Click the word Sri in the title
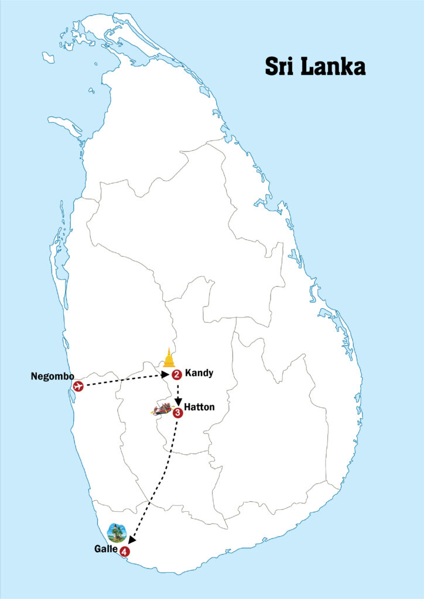click(280, 66)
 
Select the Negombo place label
click(52, 376)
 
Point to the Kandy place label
click(199, 373)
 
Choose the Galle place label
click(105, 549)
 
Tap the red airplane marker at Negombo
click(78, 385)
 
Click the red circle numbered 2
click(176, 375)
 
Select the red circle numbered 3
click(178, 412)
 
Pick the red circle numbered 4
click(124, 551)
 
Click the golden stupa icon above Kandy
click(169, 359)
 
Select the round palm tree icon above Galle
click(117, 532)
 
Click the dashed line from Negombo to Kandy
click(123, 380)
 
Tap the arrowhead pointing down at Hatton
click(178, 403)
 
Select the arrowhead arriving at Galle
click(131, 541)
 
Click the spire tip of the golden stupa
click(169, 349)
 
